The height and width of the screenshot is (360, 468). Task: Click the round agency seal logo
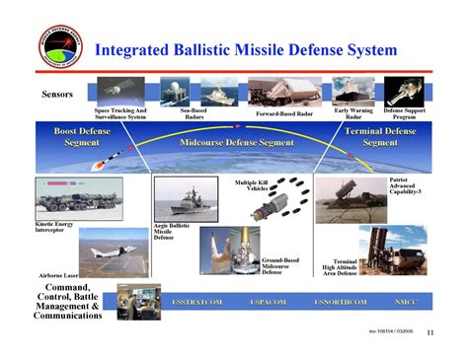[x=61, y=44]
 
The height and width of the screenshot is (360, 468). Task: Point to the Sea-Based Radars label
[x=194, y=112]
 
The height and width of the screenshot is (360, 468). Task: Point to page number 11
[x=429, y=332]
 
